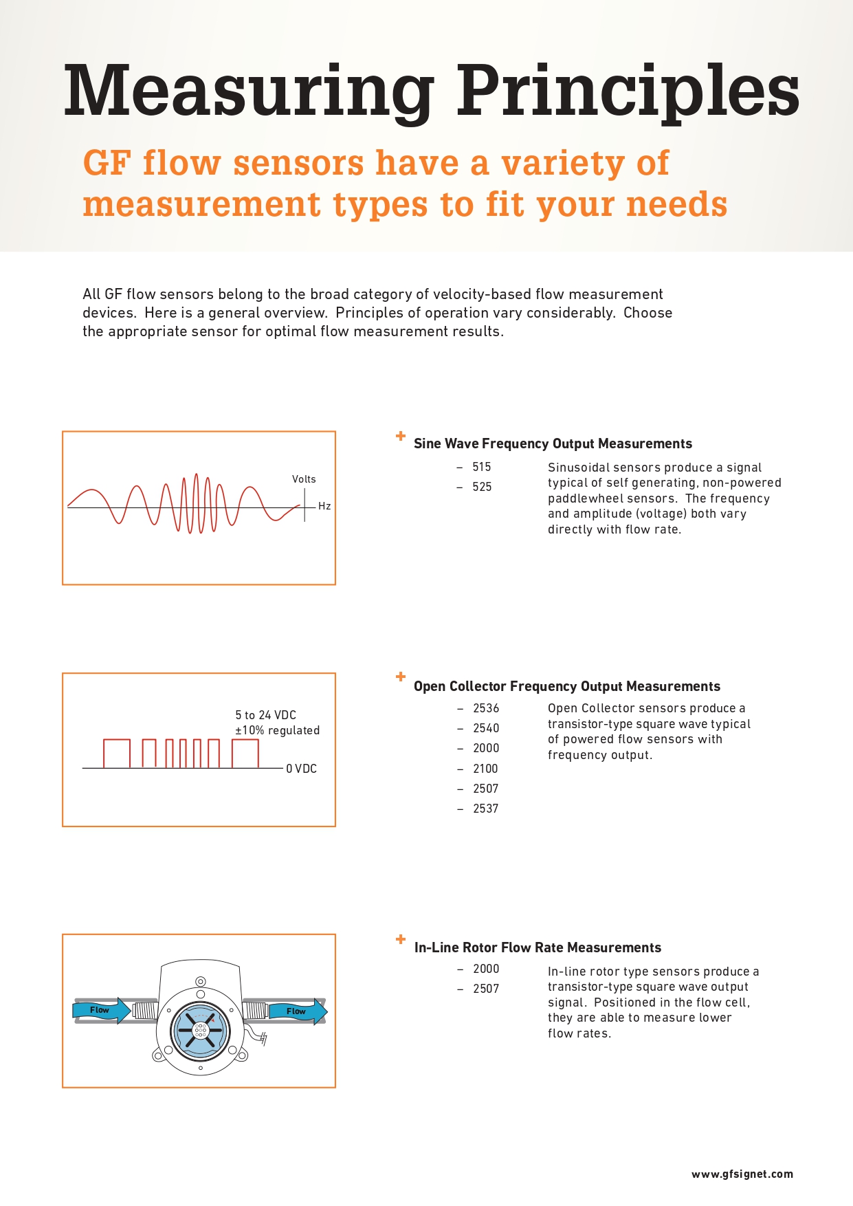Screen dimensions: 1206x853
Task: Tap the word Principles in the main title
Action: click(628, 91)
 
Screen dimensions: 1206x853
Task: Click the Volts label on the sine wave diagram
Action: click(304, 479)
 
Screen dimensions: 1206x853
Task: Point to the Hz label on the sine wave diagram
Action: click(324, 506)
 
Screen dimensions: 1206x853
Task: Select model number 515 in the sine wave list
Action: click(482, 467)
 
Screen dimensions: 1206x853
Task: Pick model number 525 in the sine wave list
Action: click(482, 487)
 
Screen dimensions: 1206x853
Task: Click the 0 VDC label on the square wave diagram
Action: click(302, 769)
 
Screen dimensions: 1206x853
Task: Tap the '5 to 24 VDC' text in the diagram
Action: click(266, 715)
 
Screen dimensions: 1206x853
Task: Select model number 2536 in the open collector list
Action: click(486, 708)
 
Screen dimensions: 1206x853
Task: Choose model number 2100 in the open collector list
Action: click(485, 769)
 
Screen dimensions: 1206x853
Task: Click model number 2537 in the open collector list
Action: click(485, 809)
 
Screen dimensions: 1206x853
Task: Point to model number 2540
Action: click(486, 728)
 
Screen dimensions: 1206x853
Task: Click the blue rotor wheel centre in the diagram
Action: click(200, 1029)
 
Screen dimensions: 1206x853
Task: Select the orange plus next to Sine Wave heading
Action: click(401, 436)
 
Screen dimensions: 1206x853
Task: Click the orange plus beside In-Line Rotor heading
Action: click(401, 939)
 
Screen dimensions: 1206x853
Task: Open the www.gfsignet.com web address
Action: click(742, 1174)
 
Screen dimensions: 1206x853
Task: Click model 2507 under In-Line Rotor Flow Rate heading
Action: click(486, 989)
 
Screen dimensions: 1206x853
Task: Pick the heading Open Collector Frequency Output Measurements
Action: click(567, 686)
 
